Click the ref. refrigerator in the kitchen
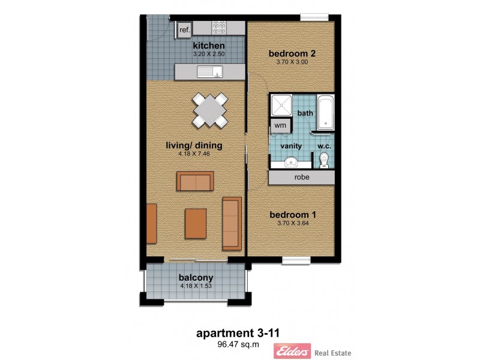(x=184, y=29)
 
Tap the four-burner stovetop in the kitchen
(x=218, y=28)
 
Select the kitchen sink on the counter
(x=210, y=72)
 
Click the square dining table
(x=211, y=110)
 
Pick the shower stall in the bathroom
(x=280, y=106)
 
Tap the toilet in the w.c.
(x=324, y=160)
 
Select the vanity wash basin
(x=290, y=161)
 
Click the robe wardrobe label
(x=302, y=178)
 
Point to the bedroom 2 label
(x=292, y=53)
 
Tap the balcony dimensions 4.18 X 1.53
(x=196, y=287)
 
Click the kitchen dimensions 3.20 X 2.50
(x=208, y=54)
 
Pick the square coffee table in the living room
(x=196, y=223)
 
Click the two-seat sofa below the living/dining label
(x=195, y=180)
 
